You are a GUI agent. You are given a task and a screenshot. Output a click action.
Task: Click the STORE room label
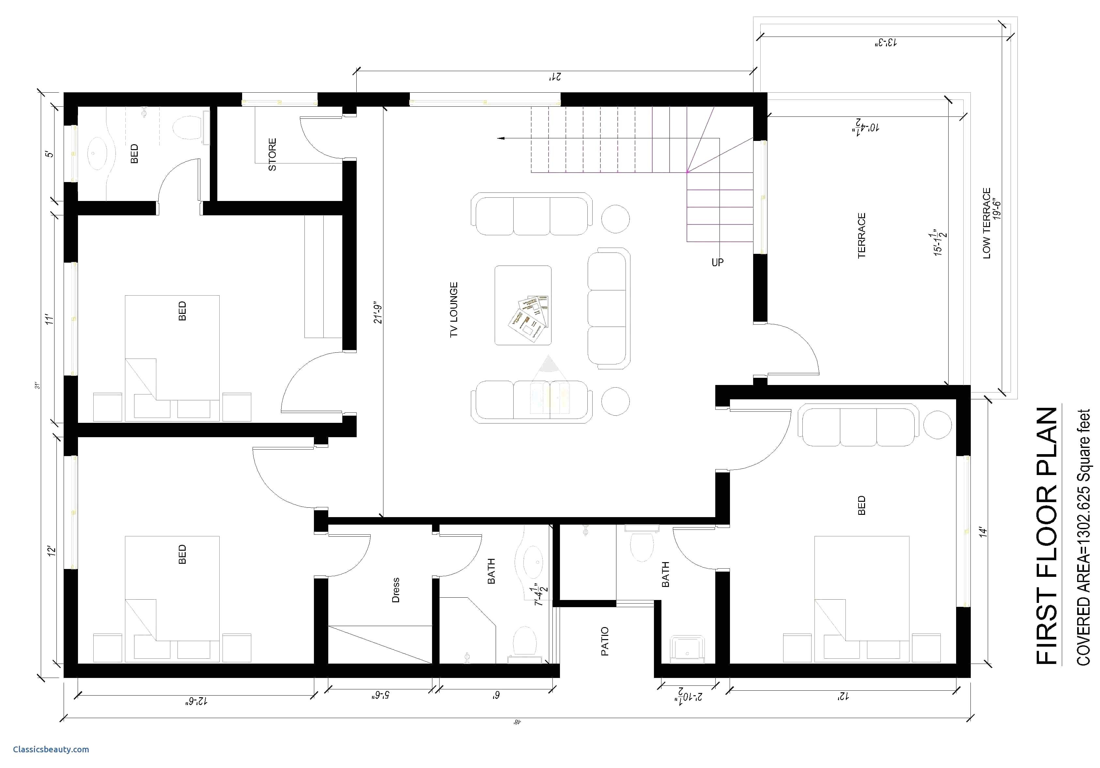[272, 154]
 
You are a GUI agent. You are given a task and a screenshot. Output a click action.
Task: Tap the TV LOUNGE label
[454, 310]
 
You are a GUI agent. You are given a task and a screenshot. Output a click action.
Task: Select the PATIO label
[605, 641]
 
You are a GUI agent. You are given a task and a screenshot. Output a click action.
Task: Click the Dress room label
[396, 590]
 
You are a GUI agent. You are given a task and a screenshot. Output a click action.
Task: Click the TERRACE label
[862, 236]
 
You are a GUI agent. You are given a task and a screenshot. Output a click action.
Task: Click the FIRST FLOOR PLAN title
[1047, 536]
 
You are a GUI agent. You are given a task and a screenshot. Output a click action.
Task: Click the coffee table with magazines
[523, 305]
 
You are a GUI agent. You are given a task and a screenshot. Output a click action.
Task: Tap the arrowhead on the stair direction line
[501, 138]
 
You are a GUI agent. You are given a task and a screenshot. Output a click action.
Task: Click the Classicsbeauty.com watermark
[51, 749]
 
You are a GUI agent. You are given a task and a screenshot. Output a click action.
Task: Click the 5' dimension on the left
[50, 154]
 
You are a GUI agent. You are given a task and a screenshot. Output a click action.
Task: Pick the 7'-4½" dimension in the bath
[541, 595]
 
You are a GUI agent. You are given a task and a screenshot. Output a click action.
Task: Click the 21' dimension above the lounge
[555, 77]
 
